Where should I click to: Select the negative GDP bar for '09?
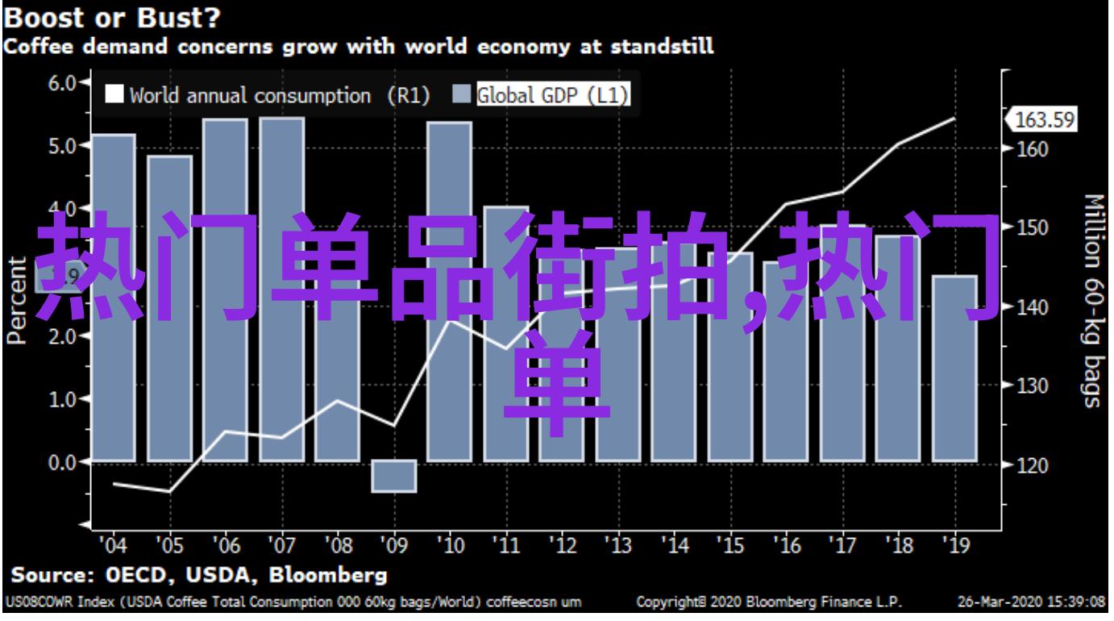coord(394,476)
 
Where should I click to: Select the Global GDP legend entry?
coord(542,95)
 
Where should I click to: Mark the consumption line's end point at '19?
coord(954,119)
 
